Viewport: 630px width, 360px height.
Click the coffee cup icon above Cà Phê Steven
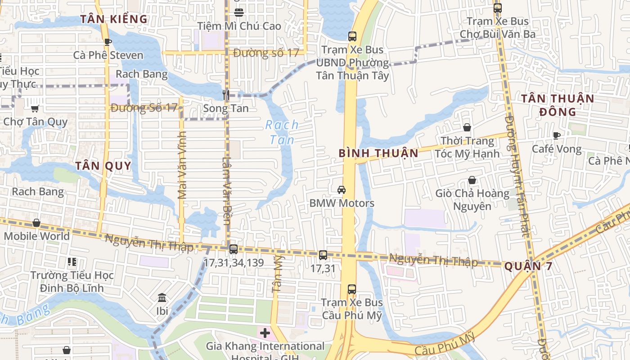tap(108, 42)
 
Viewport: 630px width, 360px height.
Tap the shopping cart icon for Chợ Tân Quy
tap(35, 108)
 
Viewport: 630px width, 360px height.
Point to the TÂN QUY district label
tap(103, 166)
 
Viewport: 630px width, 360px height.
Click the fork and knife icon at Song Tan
tap(226, 95)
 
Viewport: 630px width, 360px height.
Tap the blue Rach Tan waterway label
tap(282, 132)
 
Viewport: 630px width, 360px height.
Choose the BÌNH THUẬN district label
tap(378, 153)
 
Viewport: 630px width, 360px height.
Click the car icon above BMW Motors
tap(342, 190)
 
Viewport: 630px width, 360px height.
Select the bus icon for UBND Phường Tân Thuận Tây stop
tap(352, 36)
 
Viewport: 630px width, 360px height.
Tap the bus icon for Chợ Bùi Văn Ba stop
tap(497, 8)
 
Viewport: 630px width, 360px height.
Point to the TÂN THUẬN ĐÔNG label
tap(557, 105)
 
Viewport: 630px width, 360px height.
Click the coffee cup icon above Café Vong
tap(557, 135)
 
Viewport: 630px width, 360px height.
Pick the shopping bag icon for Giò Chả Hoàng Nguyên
tap(472, 180)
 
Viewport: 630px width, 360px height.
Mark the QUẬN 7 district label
tap(528, 266)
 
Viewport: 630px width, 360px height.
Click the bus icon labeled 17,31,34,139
tap(233, 249)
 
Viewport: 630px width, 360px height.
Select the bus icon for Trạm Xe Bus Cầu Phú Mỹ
tap(352, 289)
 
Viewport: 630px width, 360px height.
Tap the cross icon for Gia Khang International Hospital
tap(265, 333)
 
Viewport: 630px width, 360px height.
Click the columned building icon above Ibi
tap(162, 297)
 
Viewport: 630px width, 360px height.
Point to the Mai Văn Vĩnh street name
tap(182, 165)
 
